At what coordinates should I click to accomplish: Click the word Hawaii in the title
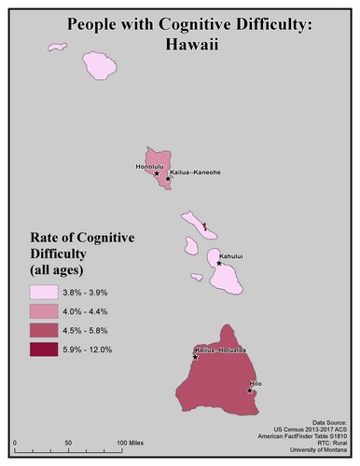click(x=180, y=43)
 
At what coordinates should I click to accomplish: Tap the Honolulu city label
click(x=149, y=166)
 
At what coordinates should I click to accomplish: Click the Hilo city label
click(x=258, y=383)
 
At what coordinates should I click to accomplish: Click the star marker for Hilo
click(x=250, y=391)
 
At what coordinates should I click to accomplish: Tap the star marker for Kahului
click(x=219, y=263)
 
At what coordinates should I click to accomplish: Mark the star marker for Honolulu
click(x=157, y=173)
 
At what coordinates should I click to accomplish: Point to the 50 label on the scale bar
click(x=68, y=441)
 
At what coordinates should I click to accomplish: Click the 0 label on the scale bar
click(x=16, y=441)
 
